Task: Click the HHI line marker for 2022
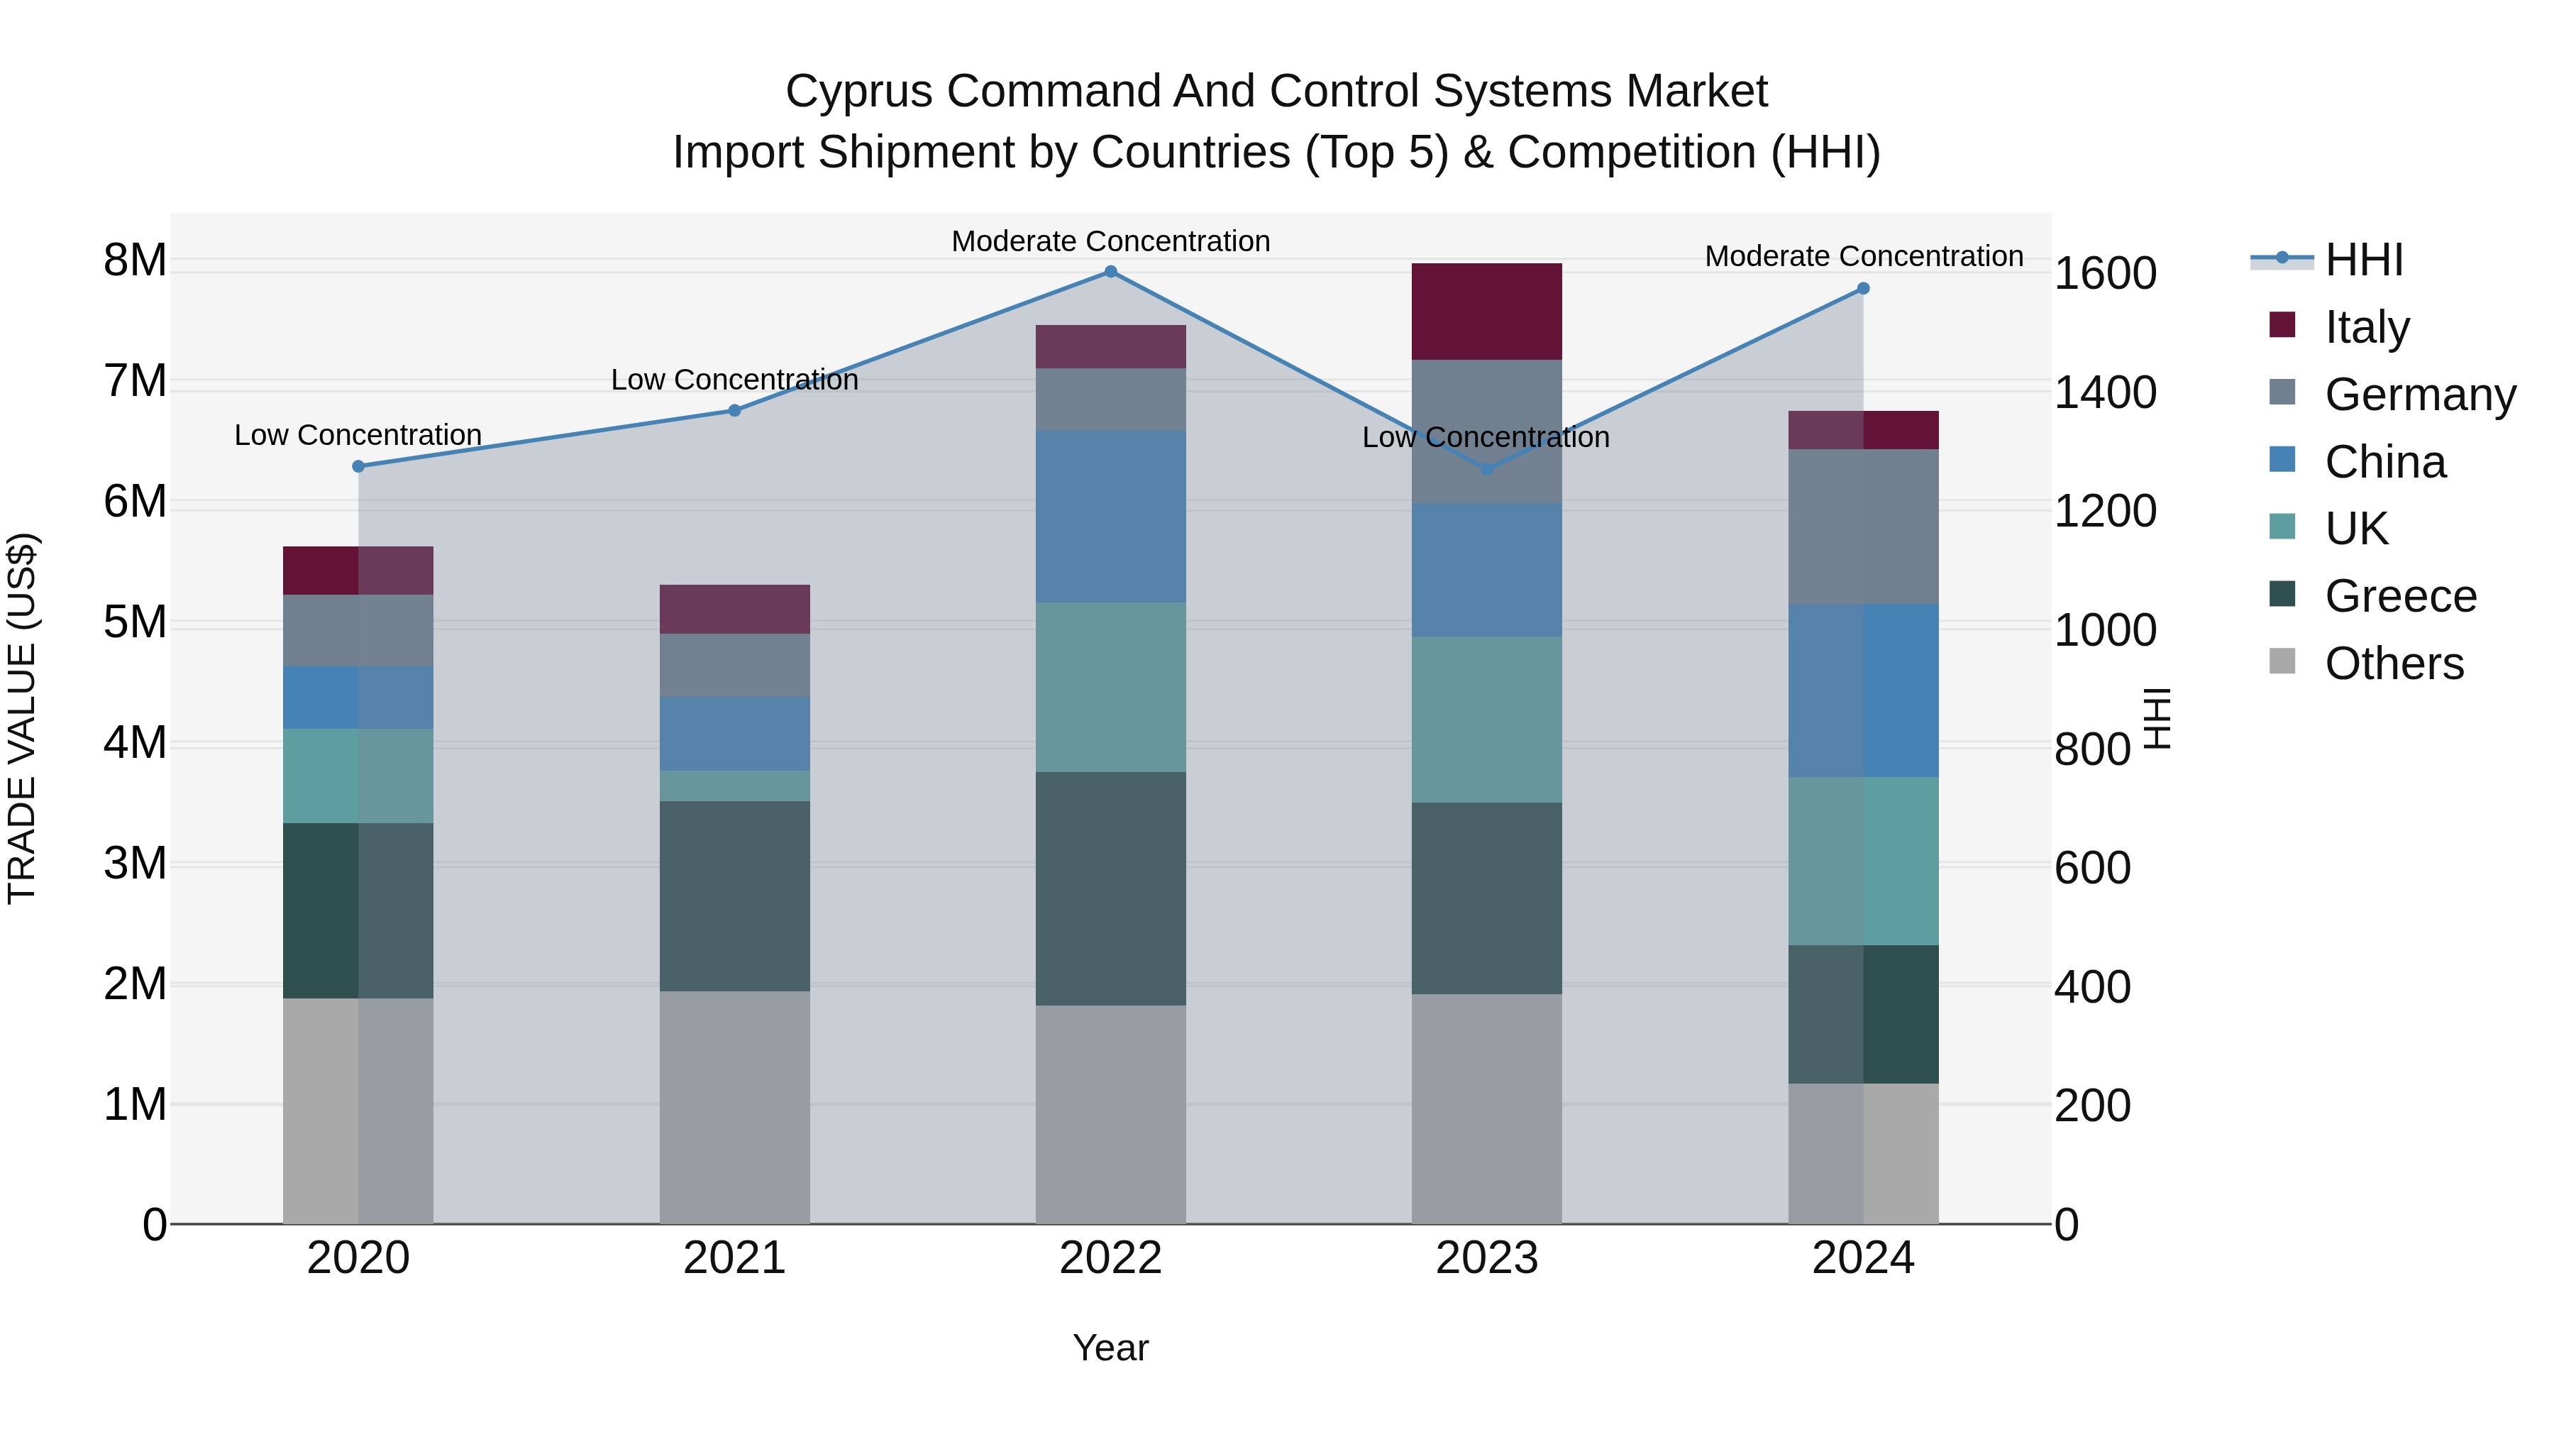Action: (x=1110, y=272)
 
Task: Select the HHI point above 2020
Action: (x=359, y=466)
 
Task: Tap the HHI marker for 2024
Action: (x=1863, y=289)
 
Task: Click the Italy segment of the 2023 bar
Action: (x=1486, y=312)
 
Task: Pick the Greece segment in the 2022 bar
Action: (x=1110, y=888)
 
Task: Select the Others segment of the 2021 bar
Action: (x=735, y=1107)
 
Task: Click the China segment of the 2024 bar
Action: (x=1863, y=690)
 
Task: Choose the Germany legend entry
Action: (x=2419, y=394)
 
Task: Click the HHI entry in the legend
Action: (x=2364, y=260)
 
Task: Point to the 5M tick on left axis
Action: (x=136, y=623)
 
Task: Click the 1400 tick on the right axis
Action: (x=2104, y=392)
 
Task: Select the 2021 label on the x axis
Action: (x=735, y=1258)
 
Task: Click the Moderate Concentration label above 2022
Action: (x=1110, y=241)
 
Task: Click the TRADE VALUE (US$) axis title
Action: (x=23, y=718)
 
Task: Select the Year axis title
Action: (x=1110, y=1348)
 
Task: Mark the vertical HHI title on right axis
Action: (x=2157, y=718)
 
